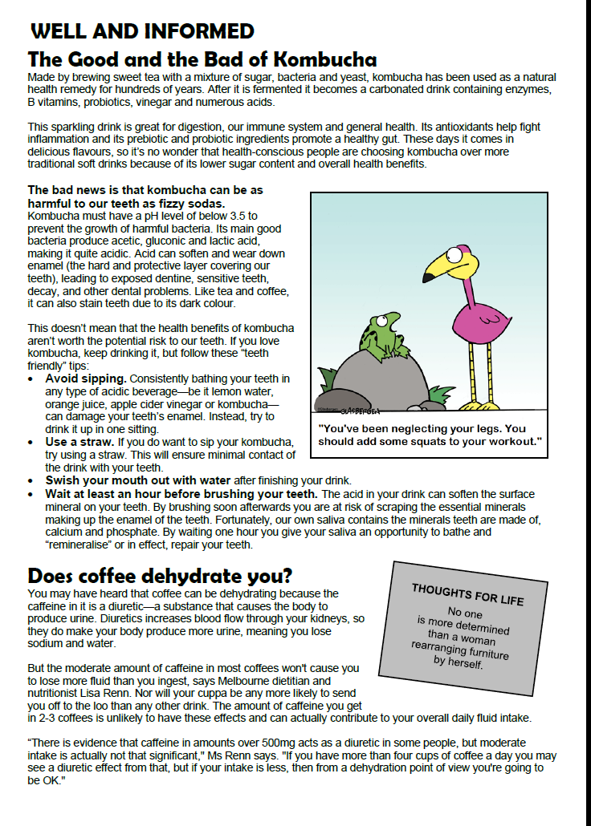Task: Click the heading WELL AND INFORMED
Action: [141, 32]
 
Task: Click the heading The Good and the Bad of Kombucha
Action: [202, 60]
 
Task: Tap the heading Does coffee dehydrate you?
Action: [160, 576]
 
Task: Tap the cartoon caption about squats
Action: [430, 435]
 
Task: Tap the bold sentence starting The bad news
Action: [145, 197]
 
